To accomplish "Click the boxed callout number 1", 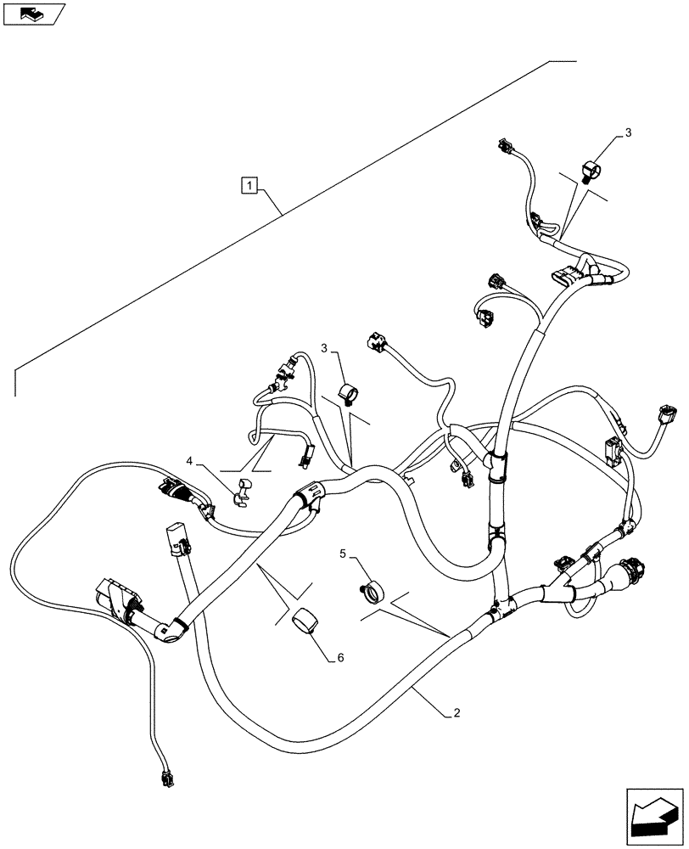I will (x=249, y=183).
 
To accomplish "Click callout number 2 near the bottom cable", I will (x=457, y=713).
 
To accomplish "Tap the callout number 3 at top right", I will (x=628, y=133).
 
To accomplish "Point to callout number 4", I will (x=191, y=462).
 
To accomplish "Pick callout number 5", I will (x=343, y=554).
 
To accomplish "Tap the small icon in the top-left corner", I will (x=34, y=14).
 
